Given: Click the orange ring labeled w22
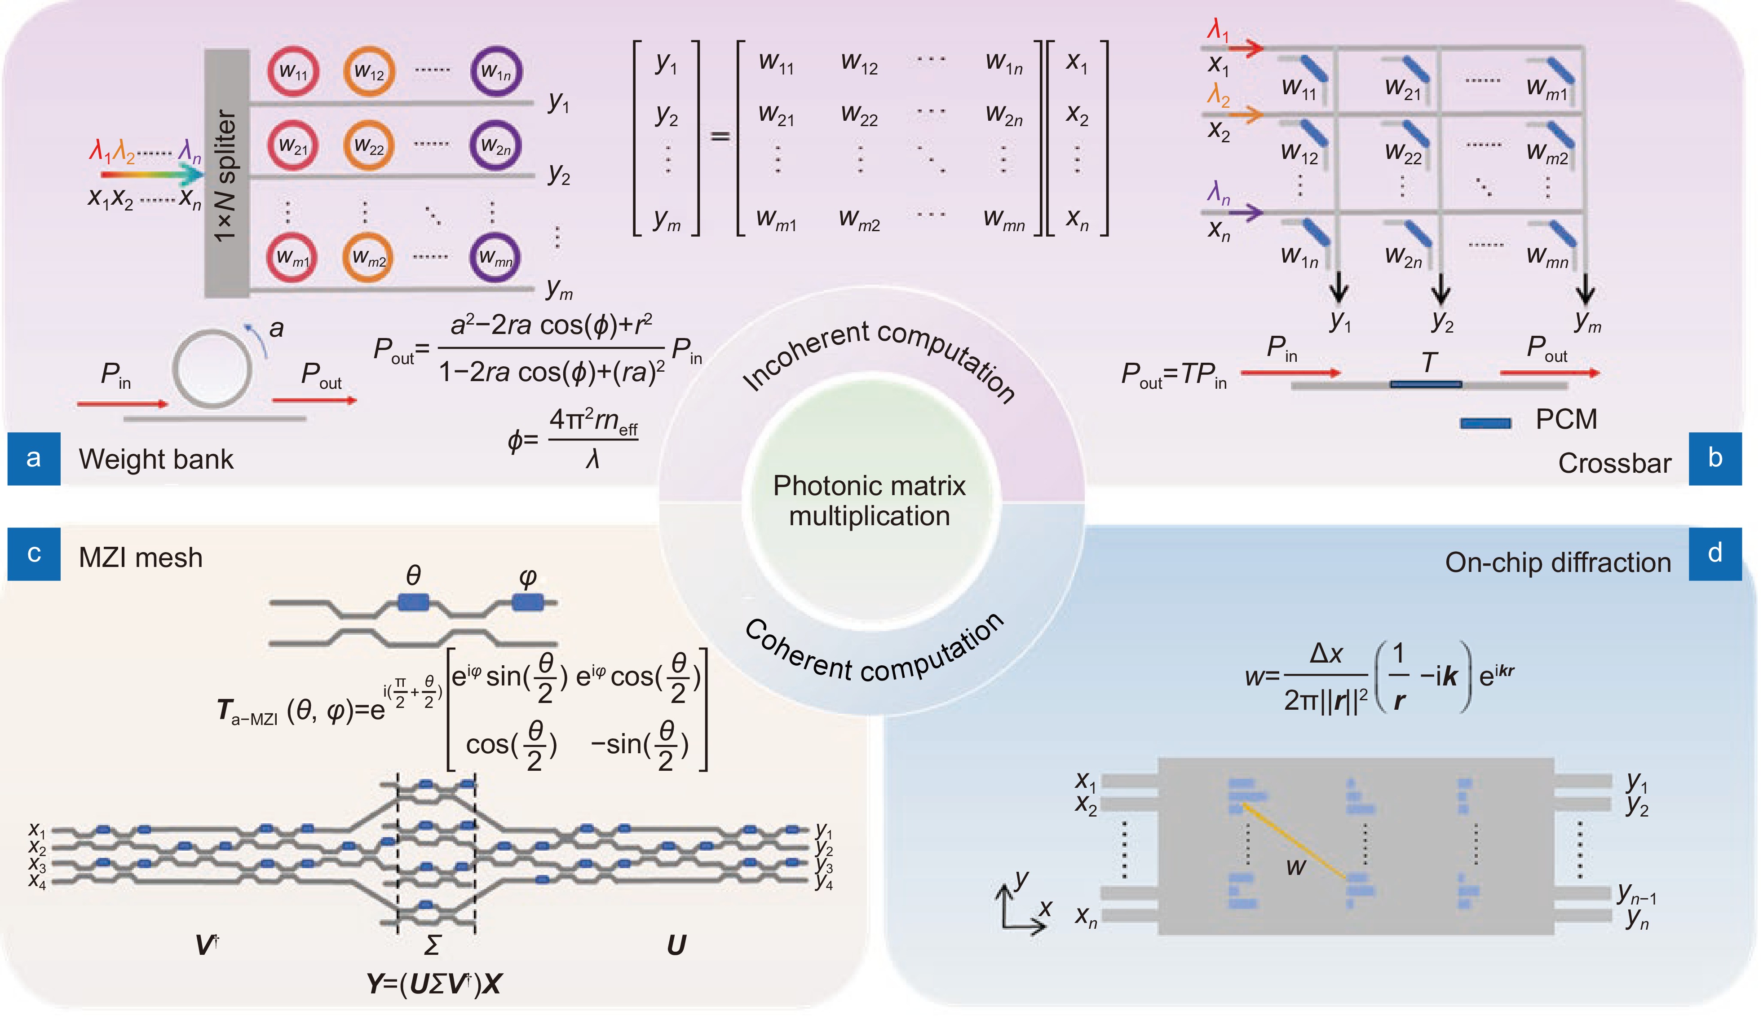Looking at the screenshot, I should (369, 145).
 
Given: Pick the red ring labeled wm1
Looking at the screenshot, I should (292, 257).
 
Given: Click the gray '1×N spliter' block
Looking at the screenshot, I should (227, 175).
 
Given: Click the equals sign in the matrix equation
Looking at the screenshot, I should (720, 135).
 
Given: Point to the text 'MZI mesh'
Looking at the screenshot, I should (140, 558).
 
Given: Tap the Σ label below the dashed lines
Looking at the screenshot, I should (433, 945).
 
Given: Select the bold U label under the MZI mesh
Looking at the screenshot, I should (676, 945).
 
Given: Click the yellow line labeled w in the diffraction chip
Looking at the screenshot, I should (1294, 842).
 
